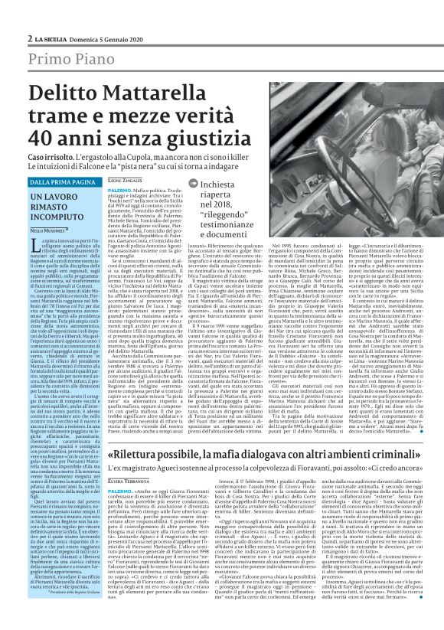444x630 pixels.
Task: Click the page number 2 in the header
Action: tap(29, 38)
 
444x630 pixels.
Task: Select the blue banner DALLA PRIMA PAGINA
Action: tap(60, 181)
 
